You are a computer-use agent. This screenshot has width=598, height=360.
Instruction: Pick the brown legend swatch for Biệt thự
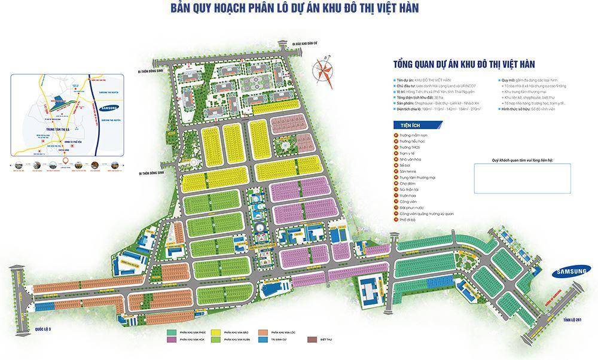[x=312, y=340]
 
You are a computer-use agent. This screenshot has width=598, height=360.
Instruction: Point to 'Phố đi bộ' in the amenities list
[x=408, y=220]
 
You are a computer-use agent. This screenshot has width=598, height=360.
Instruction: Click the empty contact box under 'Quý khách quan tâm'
[x=522, y=178]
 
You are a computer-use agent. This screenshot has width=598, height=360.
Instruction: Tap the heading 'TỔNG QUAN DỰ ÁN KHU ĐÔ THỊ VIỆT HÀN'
[x=463, y=63]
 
